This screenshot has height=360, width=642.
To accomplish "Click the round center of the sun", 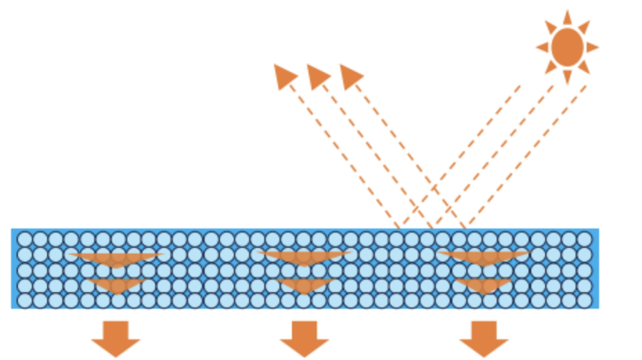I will pyautogui.click(x=567, y=47).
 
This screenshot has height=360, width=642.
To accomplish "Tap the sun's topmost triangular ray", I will pyautogui.click(x=567, y=17).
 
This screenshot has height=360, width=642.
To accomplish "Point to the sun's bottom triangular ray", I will pyautogui.click(x=567, y=77).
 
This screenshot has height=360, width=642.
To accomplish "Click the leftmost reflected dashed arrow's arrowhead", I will pyautogui.click(x=284, y=75).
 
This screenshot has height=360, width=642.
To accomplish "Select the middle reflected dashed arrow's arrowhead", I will pyautogui.click(x=317, y=75).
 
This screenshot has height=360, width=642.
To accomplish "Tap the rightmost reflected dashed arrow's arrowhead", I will pyautogui.click(x=350, y=75).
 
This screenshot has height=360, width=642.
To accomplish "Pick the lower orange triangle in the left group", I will pyautogui.click(x=117, y=284).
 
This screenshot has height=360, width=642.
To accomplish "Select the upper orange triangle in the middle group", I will pyautogui.click(x=304, y=257).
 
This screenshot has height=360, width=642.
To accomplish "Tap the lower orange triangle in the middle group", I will pyautogui.click(x=304, y=284).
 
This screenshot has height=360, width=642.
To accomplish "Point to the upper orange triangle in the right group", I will pyautogui.click(x=484, y=257).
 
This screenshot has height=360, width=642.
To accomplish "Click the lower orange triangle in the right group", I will pyautogui.click(x=484, y=284).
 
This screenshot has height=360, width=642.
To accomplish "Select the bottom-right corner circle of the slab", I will pyautogui.click(x=585, y=300).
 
